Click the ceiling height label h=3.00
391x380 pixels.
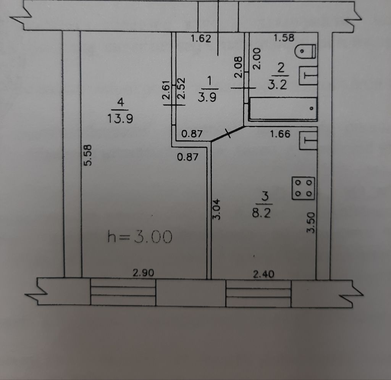coord(140,237)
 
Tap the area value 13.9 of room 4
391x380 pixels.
coord(120,119)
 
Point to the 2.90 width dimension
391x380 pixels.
coord(143,273)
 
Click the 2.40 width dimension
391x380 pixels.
coord(263,274)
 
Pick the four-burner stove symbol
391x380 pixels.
coord(303,188)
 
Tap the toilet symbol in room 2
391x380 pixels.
coord(305,52)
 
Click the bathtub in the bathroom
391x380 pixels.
coord(283,109)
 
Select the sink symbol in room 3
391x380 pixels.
coord(309,140)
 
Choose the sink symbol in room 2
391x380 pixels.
coord(309,75)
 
